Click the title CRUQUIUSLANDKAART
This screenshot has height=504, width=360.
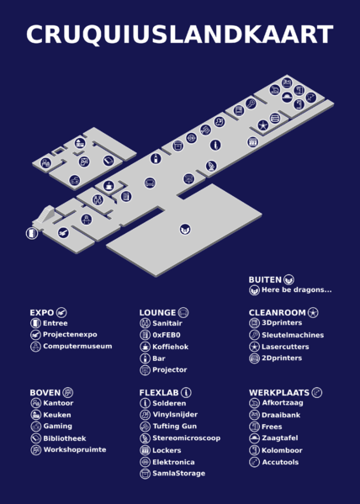tap(179, 35)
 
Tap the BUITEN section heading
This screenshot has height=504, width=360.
tap(265, 279)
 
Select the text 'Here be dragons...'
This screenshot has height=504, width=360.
tap(296, 290)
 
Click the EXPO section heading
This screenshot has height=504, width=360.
tap(42, 312)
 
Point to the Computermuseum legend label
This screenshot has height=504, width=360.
tap(77, 346)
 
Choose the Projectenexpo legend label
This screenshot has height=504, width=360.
tap(70, 334)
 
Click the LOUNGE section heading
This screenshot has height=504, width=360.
tap(157, 312)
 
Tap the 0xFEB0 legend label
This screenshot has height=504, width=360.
tap(167, 334)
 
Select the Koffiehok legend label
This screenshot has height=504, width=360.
tap(170, 346)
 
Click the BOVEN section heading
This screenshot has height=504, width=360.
tap(45, 392)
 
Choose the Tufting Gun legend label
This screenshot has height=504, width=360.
tap(174, 427)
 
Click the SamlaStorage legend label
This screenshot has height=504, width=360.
tap(178, 474)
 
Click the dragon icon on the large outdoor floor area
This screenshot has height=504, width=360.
tap(185, 229)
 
